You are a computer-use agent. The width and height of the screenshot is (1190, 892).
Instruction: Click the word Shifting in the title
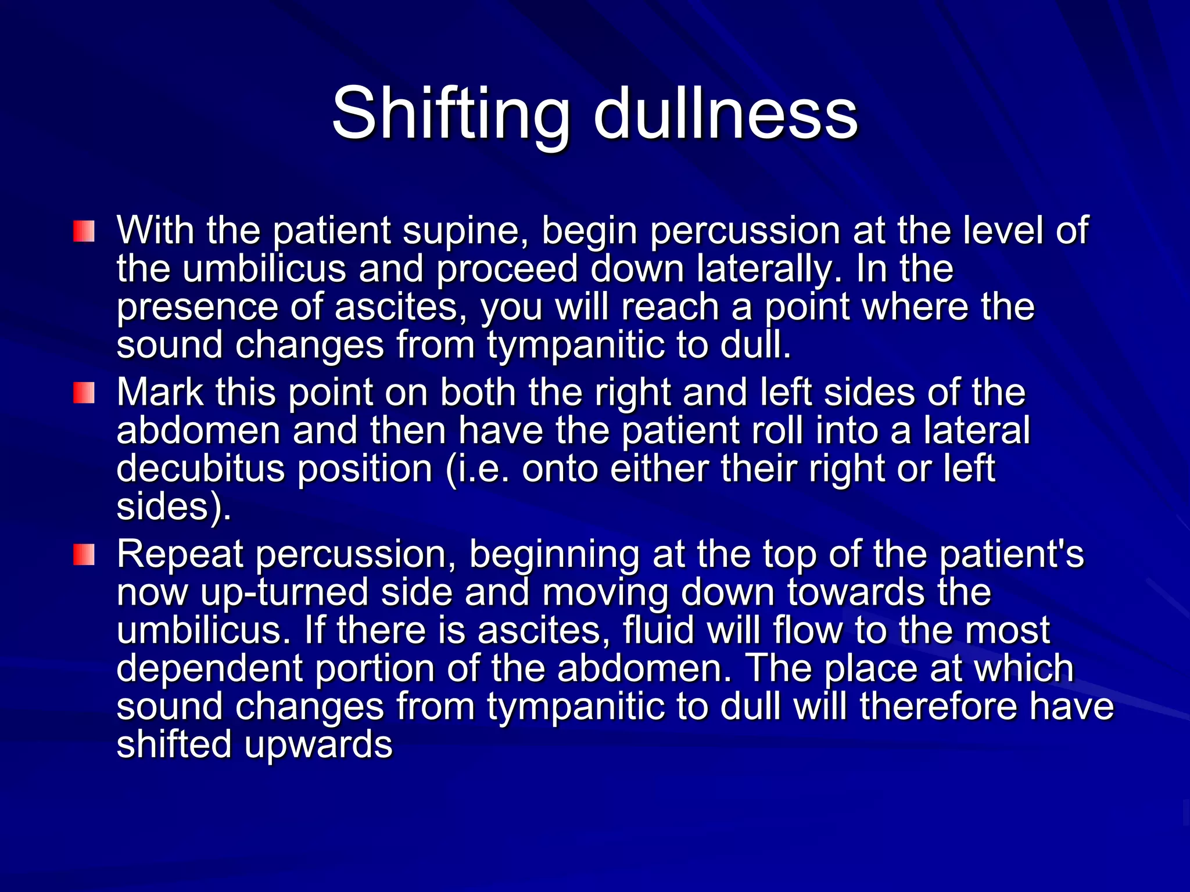click(450, 115)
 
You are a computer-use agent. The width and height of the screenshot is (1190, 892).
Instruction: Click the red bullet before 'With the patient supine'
click(84, 231)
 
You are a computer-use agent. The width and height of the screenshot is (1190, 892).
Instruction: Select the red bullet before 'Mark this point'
click(84, 393)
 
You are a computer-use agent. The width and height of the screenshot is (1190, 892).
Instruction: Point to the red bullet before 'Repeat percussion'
click(84, 554)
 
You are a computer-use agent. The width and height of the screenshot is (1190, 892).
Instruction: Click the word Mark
click(160, 392)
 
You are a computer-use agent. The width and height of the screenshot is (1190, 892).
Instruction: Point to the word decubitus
click(201, 468)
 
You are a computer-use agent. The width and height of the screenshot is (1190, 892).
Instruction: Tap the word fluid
click(659, 630)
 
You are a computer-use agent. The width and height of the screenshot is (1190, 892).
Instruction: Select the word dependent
click(210, 669)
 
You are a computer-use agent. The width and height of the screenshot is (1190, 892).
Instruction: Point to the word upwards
click(318, 746)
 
